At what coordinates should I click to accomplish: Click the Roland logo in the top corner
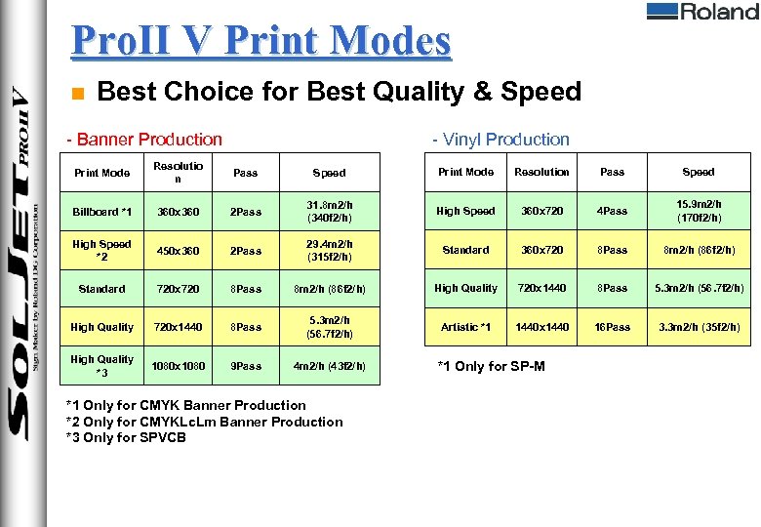pos(701,12)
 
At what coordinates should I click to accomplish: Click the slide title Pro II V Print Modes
pos(261,41)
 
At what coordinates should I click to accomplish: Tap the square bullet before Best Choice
pos(79,94)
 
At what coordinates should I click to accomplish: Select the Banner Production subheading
pos(143,140)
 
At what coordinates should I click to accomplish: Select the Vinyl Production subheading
pos(501,140)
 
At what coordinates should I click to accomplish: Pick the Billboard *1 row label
pos(101,212)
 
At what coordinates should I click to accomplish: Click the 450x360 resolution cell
pos(178,251)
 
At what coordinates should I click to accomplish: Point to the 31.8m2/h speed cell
pos(329,212)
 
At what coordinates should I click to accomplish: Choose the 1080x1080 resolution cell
pos(178,366)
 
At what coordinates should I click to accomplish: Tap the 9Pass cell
pos(246,366)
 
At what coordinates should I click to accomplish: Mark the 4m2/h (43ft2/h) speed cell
pos(329,366)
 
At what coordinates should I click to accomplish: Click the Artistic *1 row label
pos(465,327)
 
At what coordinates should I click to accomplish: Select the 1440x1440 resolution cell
pos(542,327)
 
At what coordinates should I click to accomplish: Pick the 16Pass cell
pos(612,327)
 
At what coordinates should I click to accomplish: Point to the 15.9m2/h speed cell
pos(699,211)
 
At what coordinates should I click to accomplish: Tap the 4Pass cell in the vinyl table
pos(612,211)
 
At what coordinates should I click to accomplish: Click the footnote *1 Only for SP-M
pos(492,366)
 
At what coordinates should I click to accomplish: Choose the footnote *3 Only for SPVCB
pos(125,437)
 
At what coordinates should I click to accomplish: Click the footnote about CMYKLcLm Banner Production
pos(204,422)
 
